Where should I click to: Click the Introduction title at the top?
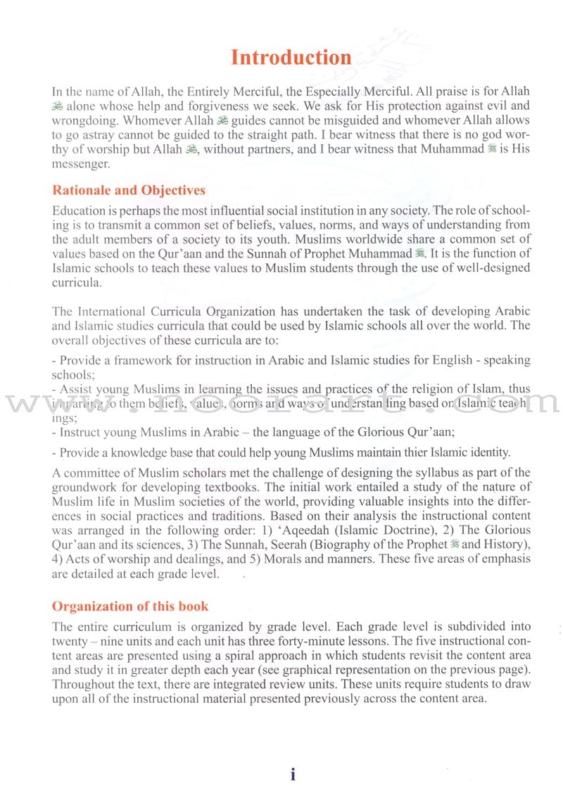pyautogui.click(x=291, y=58)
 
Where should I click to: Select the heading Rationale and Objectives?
pyautogui.click(x=129, y=191)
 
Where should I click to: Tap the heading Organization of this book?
pyautogui.click(x=130, y=606)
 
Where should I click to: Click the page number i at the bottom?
pyautogui.click(x=293, y=775)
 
